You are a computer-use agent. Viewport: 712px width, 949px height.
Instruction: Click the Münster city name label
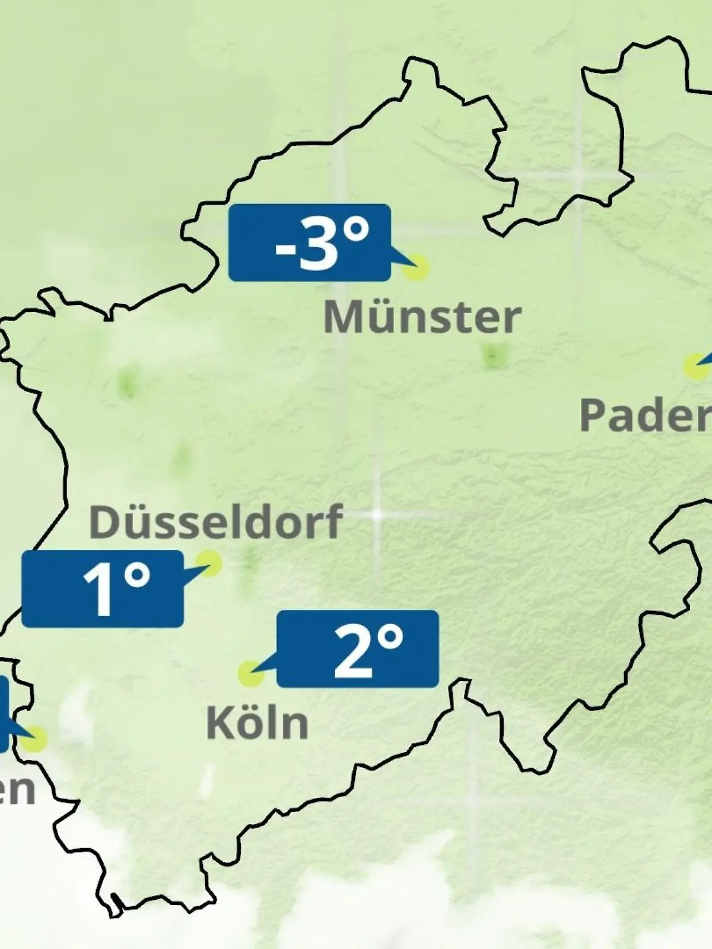[x=422, y=318]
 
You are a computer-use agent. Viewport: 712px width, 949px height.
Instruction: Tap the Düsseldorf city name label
[x=215, y=522]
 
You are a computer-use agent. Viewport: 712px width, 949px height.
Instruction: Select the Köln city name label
[x=257, y=722]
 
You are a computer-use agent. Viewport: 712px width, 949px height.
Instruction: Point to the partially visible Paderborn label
[x=646, y=415]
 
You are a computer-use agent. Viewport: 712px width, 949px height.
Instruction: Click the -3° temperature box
[x=309, y=242]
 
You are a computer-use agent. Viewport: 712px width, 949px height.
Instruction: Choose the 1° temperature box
[x=102, y=588]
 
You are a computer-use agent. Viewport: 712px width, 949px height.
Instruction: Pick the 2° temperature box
[x=358, y=648]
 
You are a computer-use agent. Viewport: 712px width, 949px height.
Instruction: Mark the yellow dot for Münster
[x=416, y=267]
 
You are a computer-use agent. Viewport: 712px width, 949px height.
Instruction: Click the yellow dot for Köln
[x=250, y=674]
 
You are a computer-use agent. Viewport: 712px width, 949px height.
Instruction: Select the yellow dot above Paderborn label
[x=695, y=366]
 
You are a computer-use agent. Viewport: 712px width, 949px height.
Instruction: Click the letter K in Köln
[x=218, y=722]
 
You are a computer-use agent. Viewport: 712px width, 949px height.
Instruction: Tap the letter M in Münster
[x=342, y=318]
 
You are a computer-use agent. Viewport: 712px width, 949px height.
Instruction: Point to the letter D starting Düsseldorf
[x=102, y=522]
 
